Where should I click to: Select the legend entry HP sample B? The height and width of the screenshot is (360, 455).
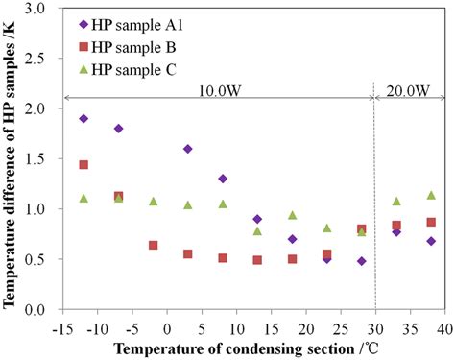[x=133, y=47]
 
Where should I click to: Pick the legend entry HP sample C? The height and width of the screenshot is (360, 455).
[x=133, y=69]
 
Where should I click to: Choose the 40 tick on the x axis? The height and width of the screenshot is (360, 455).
[x=441, y=326]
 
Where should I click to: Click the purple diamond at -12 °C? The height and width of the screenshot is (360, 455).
[x=84, y=118]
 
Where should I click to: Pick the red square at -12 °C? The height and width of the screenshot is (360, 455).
[x=84, y=165]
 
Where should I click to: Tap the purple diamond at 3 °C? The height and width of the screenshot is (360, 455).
[x=187, y=149]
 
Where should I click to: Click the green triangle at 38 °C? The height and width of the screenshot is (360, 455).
[x=430, y=195]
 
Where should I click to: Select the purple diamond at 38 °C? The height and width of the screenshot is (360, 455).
[x=430, y=241]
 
